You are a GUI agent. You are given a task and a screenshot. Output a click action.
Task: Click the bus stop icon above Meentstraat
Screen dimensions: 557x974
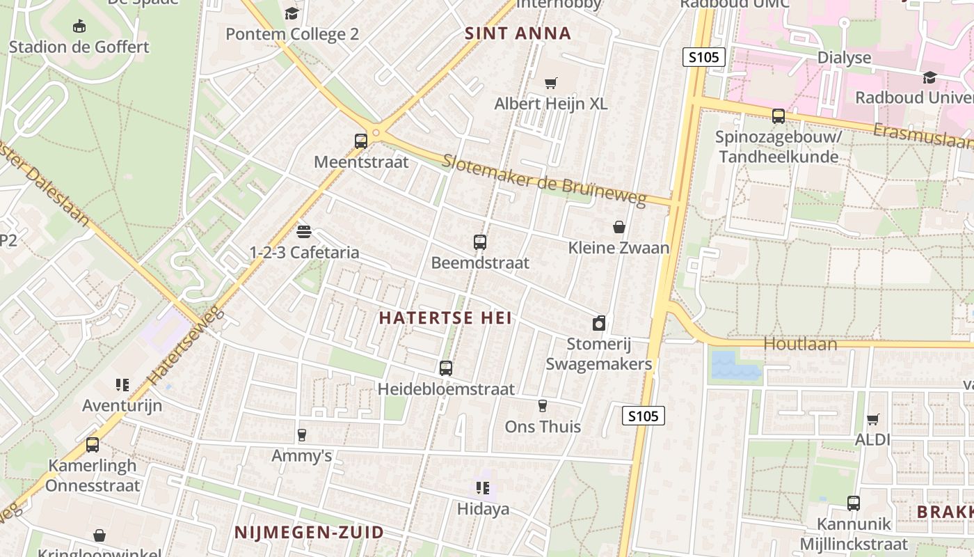[x=360, y=141]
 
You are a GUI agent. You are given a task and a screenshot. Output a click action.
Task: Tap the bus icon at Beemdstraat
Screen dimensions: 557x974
[x=479, y=242]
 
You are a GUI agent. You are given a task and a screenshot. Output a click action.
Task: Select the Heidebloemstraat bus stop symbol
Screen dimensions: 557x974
[x=445, y=368]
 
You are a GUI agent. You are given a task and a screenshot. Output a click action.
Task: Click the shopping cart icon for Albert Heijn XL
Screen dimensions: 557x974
[x=550, y=84]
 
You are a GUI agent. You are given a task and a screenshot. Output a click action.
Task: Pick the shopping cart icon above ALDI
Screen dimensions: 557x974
[x=872, y=419]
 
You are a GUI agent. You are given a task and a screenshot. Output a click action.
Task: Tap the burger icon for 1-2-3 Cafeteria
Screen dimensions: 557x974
[x=303, y=231]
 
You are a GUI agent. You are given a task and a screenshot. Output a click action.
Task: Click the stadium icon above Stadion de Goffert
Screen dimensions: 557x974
[x=79, y=26]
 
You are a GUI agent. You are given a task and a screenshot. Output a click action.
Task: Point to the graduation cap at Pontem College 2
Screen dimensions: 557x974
[x=292, y=13]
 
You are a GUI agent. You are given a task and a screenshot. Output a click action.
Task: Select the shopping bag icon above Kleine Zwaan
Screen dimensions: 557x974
[x=618, y=227]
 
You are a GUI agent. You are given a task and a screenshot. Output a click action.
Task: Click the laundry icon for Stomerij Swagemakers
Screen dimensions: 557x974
[x=598, y=323]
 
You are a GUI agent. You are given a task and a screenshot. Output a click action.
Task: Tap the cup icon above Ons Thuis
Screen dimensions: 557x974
[x=543, y=406]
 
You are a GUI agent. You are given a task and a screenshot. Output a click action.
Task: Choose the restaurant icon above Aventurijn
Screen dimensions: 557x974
[x=122, y=385]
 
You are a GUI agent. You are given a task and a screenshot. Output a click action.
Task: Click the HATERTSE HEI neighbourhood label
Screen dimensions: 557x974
[x=445, y=318]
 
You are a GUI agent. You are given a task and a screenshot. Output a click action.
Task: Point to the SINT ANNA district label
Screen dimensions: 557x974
[x=518, y=33]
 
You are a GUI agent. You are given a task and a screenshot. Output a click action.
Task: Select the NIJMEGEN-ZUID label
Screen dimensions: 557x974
[x=309, y=533]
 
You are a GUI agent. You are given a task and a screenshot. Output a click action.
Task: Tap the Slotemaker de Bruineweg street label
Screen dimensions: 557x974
[x=544, y=180]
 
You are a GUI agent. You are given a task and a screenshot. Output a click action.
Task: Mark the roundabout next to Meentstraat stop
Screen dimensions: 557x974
[x=376, y=132]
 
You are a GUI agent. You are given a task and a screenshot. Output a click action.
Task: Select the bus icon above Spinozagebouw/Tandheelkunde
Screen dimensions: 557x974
[x=778, y=116]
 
